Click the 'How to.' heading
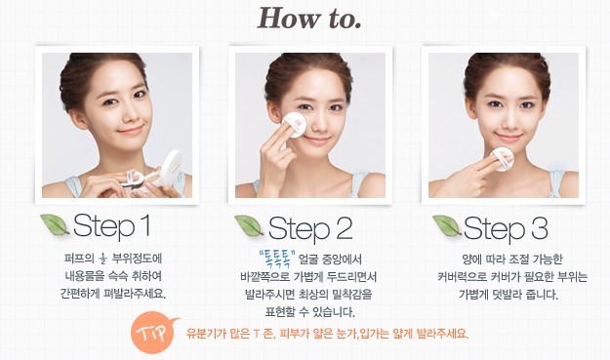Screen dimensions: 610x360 309,19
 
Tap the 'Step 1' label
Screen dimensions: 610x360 111,225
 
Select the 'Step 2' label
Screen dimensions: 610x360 310,228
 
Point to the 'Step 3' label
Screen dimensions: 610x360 506,228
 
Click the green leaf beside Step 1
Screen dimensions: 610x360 55,224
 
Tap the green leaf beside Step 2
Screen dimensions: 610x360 250,226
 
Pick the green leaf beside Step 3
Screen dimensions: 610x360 447,226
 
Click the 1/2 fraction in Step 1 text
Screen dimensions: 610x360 102,258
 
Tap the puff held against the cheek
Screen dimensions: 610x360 294,125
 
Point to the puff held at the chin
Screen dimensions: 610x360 502,159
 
